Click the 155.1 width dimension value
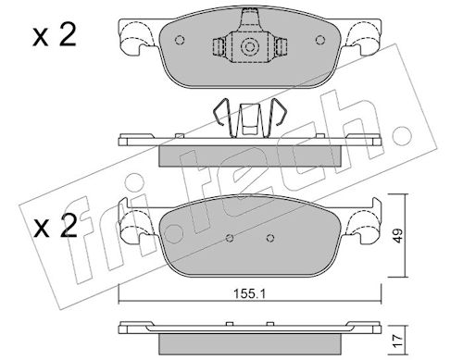pyautogui.click(x=249, y=294)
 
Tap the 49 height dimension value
pyautogui.click(x=398, y=236)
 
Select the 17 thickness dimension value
pyautogui.click(x=398, y=341)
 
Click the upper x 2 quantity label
pyautogui.click(x=55, y=35)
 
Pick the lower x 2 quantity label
pyautogui.click(x=55, y=227)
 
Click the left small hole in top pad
pyautogui.click(x=180, y=40)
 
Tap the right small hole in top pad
pyautogui.click(x=320, y=40)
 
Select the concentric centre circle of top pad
pyautogui.click(x=249, y=47)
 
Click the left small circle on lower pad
pyautogui.click(x=230, y=238)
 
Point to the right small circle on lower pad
pyautogui.click(x=270, y=238)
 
